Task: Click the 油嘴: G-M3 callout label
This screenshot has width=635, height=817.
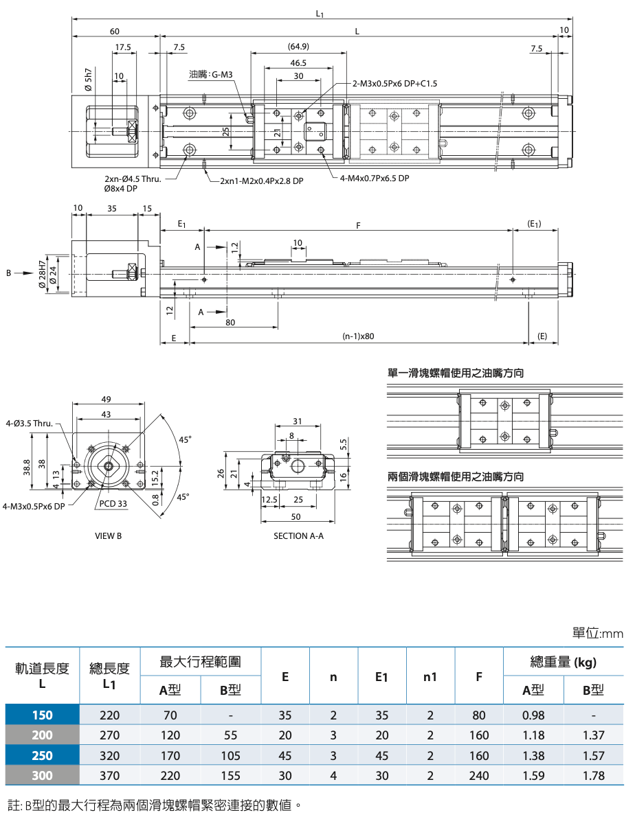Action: point(210,75)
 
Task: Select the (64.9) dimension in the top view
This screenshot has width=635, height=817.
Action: point(298,47)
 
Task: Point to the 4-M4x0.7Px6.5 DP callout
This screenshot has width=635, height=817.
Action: point(375,179)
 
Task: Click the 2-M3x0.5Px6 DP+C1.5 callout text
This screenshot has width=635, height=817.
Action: point(394,83)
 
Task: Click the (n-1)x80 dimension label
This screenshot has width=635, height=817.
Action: point(358,336)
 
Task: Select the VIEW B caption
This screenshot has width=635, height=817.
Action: point(108,536)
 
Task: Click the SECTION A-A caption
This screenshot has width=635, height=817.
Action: point(298,536)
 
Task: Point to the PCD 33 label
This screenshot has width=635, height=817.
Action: point(113,504)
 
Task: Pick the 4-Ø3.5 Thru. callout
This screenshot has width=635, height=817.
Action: point(29,423)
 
